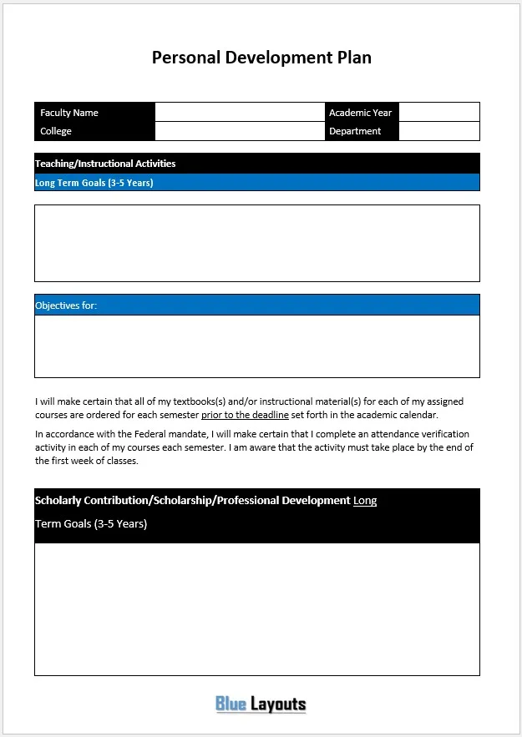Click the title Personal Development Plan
tap(261, 58)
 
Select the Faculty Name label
tap(69, 113)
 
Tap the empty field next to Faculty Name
tap(239, 113)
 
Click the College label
tap(56, 131)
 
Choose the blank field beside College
tap(239, 131)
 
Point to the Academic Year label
tap(360, 113)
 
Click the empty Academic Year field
tap(438, 113)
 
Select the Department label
tap(355, 131)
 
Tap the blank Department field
tap(438, 131)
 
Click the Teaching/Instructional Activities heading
tap(105, 164)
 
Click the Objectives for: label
tap(66, 305)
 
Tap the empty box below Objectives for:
tap(256, 346)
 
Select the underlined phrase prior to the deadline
tap(245, 415)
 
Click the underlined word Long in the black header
tap(365, 501)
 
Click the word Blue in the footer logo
tap(231, 704)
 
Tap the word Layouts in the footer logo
tap(278, 704)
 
